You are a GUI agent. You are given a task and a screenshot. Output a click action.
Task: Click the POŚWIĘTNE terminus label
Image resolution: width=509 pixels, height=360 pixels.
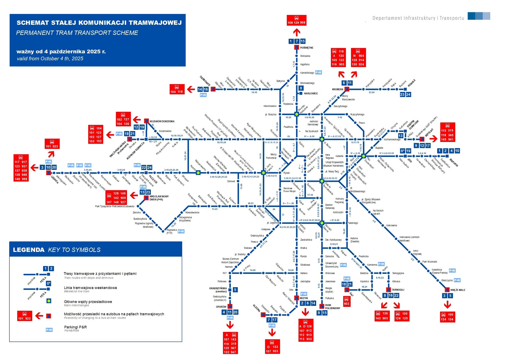[306, 48]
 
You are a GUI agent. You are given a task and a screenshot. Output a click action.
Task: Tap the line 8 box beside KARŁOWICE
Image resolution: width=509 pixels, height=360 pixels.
[301, 88]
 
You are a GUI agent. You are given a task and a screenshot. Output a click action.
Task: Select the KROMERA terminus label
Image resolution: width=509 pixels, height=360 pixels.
[338, 89]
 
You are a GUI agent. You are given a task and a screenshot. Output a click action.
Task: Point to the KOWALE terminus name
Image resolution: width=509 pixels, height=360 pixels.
[411, 83]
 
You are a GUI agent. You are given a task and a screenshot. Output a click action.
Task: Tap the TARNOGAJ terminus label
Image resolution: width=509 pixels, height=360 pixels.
[398, 290]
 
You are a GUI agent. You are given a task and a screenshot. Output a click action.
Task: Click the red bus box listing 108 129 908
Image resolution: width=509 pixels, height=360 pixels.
[296, 20]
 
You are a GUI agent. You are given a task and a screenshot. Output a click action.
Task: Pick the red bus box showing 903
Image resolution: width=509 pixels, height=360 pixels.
[347, 301]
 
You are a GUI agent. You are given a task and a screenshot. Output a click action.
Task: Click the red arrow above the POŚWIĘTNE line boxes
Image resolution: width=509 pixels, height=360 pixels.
[297, 32]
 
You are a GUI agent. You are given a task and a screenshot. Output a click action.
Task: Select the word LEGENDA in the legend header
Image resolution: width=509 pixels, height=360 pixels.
[29, 250]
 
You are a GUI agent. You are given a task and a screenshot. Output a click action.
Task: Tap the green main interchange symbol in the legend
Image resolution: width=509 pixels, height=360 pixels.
[49, 301]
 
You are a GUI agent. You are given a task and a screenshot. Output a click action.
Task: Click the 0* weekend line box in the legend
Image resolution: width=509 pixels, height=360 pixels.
[48, 283]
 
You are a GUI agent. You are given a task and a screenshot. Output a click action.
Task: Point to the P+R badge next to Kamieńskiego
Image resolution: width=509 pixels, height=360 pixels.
[319, 73]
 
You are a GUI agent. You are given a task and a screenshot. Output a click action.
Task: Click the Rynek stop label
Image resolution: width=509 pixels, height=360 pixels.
[286, 173]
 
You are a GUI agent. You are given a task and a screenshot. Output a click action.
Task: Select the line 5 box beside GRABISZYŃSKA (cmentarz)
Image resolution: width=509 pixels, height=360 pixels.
[235, 290]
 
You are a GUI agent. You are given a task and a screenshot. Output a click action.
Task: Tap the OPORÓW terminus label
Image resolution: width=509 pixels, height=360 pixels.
[221, 307]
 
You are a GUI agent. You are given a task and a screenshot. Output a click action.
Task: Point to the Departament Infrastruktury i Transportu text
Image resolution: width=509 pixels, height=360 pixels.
[418, 18]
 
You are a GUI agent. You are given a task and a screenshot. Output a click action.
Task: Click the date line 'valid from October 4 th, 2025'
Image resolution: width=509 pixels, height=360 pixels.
[50, 59]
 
